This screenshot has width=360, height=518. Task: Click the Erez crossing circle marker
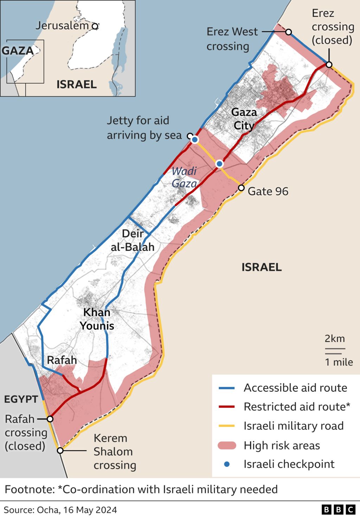tap(329, 64)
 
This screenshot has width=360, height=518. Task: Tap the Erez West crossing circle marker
tap(288, 32)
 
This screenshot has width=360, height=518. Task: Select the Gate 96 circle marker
tap(241, 188)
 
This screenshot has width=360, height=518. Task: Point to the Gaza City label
tap(244, 119)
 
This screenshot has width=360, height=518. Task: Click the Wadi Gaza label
tap(184, 177)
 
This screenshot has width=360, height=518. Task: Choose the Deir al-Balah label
tap(133, 240)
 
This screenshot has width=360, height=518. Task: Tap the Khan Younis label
tap(97, 319)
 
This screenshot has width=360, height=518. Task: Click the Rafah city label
tap(62, 360)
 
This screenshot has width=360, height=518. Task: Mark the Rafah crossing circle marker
tap(50, 419)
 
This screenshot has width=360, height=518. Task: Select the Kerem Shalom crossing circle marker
tap(60, 450)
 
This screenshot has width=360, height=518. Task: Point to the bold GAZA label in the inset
tap(18, 51)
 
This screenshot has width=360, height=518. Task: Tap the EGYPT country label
tap(21, 399)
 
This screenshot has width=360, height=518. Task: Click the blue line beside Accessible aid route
tap(226, 388)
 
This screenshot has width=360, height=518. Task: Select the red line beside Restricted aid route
tap(226, 407)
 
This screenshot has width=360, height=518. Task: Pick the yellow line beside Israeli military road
tap(226, 426)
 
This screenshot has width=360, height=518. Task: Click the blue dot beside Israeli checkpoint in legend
tap(227, 464)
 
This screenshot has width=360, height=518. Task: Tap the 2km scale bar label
tap(334, 339)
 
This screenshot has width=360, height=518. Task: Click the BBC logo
tap(338, 510)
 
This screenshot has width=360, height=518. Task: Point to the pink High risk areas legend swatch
tap(227, 446)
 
